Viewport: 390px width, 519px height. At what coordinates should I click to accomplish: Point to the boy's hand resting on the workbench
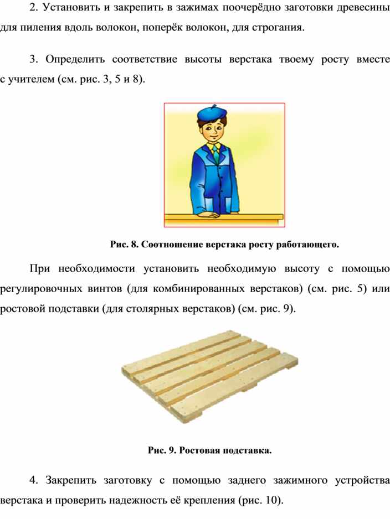[207, 214]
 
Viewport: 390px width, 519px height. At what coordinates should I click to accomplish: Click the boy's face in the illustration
[212, 132]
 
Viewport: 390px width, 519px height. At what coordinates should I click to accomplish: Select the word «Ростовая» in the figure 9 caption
[196, 450]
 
